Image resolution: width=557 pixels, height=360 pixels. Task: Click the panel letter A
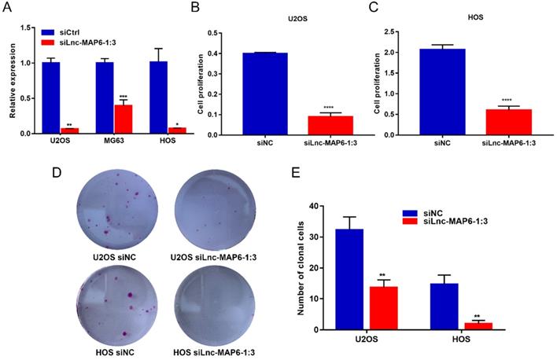[11, 9]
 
